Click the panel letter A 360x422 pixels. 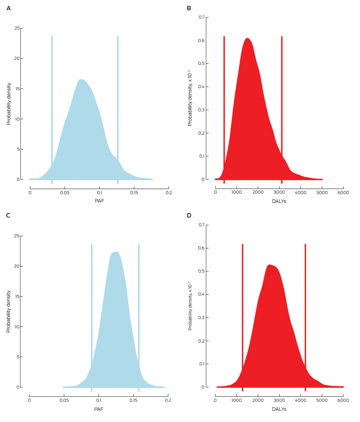pos(9,8)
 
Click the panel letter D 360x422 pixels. pos(189,216)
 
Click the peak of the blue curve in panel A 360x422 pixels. pos(81,80)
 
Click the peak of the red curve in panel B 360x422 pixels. pos(247,38)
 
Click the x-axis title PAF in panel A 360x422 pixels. pos(99,201)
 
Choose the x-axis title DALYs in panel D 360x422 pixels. pos(279,409)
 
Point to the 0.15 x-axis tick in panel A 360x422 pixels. pos(134,188)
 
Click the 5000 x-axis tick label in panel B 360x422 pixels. pos(322,192)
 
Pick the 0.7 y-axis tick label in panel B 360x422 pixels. pos(201,17)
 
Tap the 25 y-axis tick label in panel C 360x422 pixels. pos(17,236)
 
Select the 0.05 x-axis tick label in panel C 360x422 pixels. pos(64,400)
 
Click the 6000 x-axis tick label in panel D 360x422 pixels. pos(343,400)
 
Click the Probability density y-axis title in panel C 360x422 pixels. pos(9,311)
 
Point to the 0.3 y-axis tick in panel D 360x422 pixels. pos(206,318)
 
